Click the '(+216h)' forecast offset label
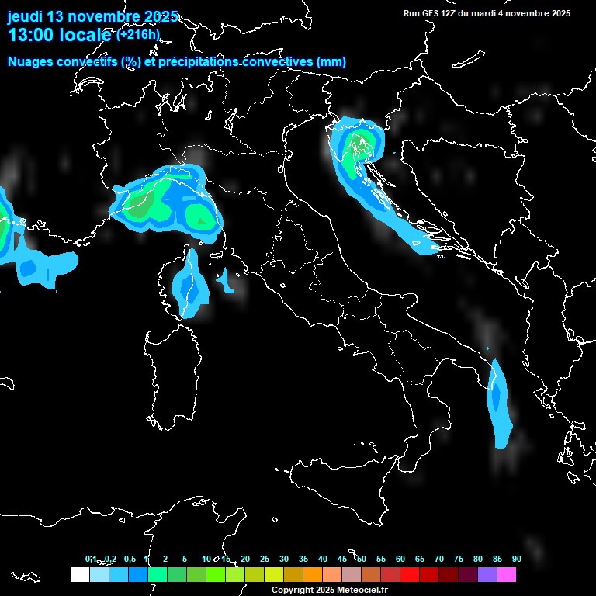click(x=137, y=34)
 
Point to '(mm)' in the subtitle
click(x=331, y=62)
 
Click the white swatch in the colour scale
click(x=79, y=575)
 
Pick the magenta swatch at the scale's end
click(x=507, y=575)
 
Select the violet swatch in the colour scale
click(x=487, y=575)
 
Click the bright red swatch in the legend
click(x=410, y=575)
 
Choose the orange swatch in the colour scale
click(x=313, y=575)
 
